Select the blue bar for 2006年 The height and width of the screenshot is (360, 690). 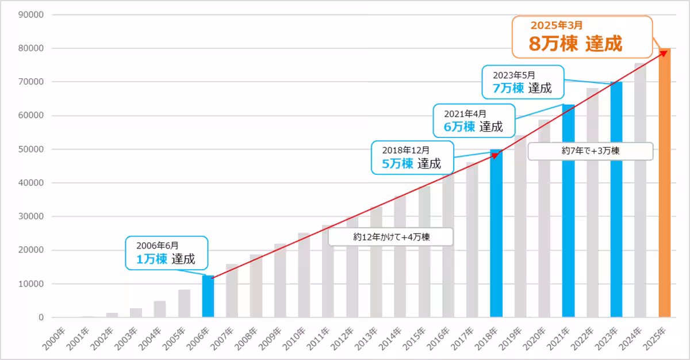coord(208,297)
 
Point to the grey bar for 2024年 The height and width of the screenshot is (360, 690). coord(640,190)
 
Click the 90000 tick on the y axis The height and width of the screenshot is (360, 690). coord(32,15)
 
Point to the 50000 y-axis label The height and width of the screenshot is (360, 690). coord(32,150)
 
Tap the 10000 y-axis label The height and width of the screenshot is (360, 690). coord(32,284)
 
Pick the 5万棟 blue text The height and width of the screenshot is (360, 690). coord(398,163)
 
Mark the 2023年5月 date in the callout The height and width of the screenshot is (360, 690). coord(513,75)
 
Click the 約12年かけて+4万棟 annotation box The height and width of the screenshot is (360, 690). coord(390,236)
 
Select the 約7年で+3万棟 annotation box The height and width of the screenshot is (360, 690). coord(590,151)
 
